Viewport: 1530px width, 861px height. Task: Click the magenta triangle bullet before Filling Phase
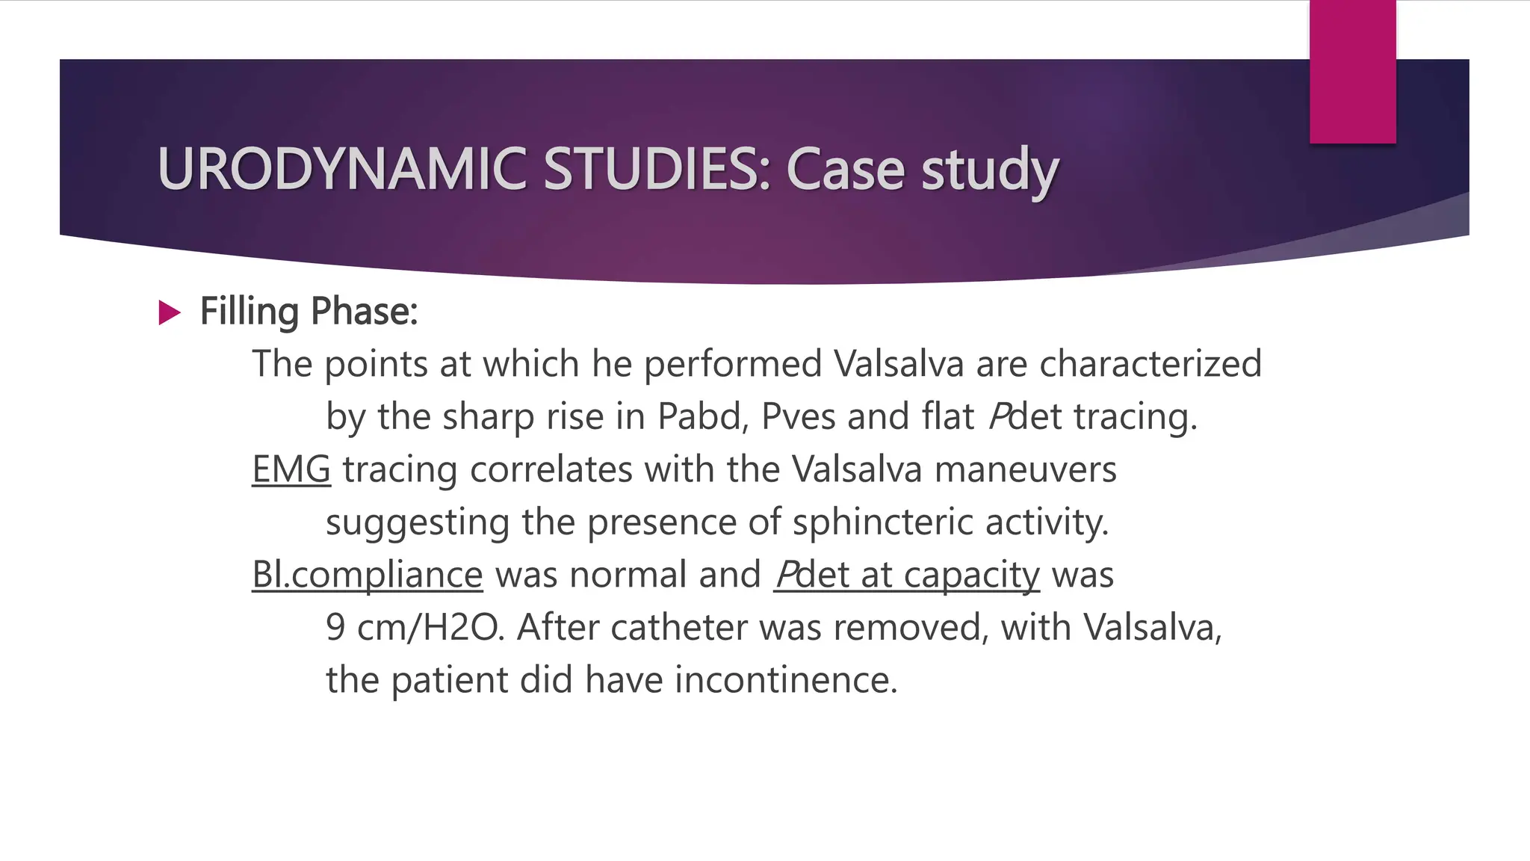(x=170, y=312)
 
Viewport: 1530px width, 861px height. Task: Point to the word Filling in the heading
(x=250, y=312)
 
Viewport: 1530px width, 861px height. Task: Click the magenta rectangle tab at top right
(x=1352, y=72)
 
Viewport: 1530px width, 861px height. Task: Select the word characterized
(x=1150, y=364)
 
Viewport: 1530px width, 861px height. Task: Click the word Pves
(x=797, y=416)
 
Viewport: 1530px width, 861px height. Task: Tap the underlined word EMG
(x=291, y=469)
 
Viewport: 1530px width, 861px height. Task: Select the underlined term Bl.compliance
(x=367, y=575)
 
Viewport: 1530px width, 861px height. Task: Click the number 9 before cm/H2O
(x=335, y=627)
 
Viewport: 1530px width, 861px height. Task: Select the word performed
(x=733, y=364)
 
